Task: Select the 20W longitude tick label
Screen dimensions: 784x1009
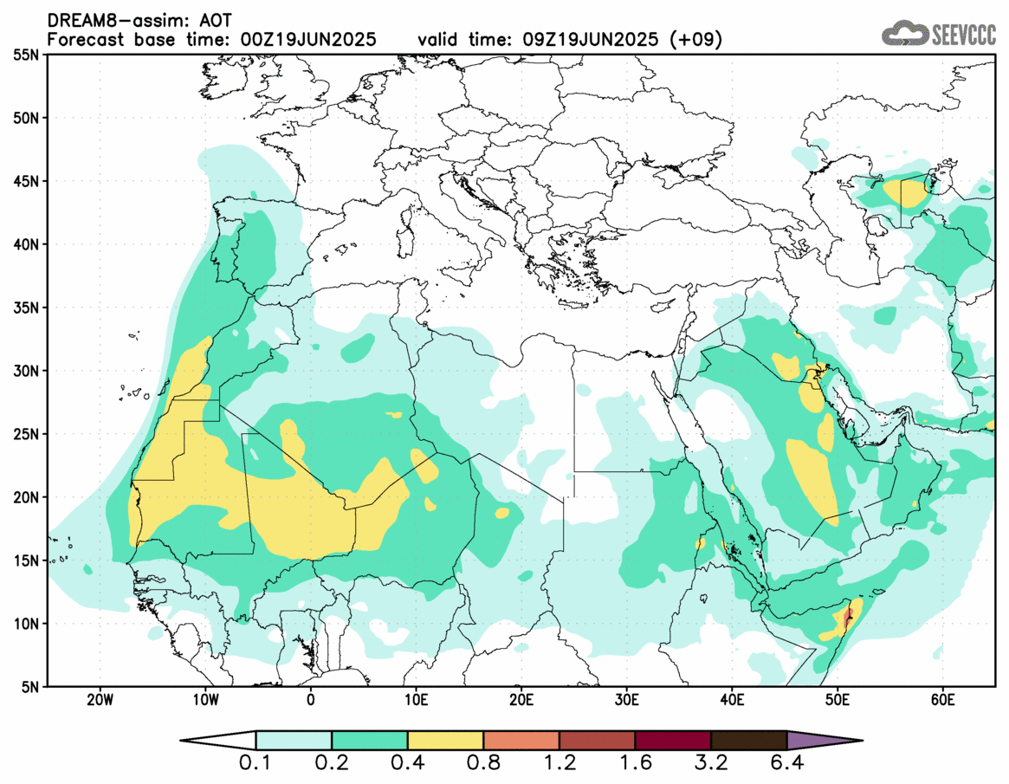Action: pyautogui.click(x=100, y=700)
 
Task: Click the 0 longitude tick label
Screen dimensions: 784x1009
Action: pyautogui.click(x=311, y=700)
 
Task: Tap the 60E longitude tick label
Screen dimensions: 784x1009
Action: pyautogui.click(x=942, y=700)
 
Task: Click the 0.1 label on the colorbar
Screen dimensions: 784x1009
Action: pyautogui.click(x=256, y=765)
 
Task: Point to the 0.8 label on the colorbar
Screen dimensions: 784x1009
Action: pyautogui.click(x=483, y=765)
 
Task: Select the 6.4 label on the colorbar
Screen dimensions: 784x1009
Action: pyautogui.click(x=786, y=765)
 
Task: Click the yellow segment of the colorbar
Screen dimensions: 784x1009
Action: pyautogui.click(x=445, y=741)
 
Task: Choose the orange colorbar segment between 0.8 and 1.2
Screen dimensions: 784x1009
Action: pyautogui.click(x=521, y=741)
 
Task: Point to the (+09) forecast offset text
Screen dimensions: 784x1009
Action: pyautogui.click(x=700, y=40)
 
